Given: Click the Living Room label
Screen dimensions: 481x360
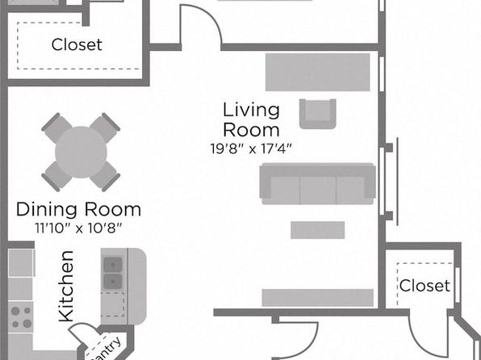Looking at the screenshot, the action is (251, 119).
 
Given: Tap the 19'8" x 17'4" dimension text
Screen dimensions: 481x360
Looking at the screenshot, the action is (251, 149).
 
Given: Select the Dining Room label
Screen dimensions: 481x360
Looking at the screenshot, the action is (78, 209).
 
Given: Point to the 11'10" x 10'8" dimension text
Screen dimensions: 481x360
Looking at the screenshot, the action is (78, 228).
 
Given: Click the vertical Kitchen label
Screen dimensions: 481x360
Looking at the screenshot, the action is (66, 287).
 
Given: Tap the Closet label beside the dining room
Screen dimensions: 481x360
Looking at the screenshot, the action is (77, 45).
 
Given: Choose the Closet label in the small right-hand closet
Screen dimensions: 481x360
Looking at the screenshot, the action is (425, 286).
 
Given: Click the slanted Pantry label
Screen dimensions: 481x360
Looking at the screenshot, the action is (105, 350).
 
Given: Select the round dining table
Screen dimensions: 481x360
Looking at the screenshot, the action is (81, 152).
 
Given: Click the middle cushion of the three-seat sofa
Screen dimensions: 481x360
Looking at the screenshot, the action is (318, 190).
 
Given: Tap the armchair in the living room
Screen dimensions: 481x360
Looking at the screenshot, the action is (318, 114).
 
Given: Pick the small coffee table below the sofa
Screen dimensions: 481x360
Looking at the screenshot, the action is (318, 230).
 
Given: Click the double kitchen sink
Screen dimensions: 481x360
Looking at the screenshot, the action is (112, 273).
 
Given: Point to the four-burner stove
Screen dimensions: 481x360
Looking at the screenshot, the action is (20, 316).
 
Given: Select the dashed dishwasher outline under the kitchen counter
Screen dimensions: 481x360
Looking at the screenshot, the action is (112, 304).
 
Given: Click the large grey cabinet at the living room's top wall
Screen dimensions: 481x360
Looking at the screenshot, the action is (317, 72).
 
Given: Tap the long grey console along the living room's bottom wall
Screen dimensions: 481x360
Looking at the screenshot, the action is (317, 297).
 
